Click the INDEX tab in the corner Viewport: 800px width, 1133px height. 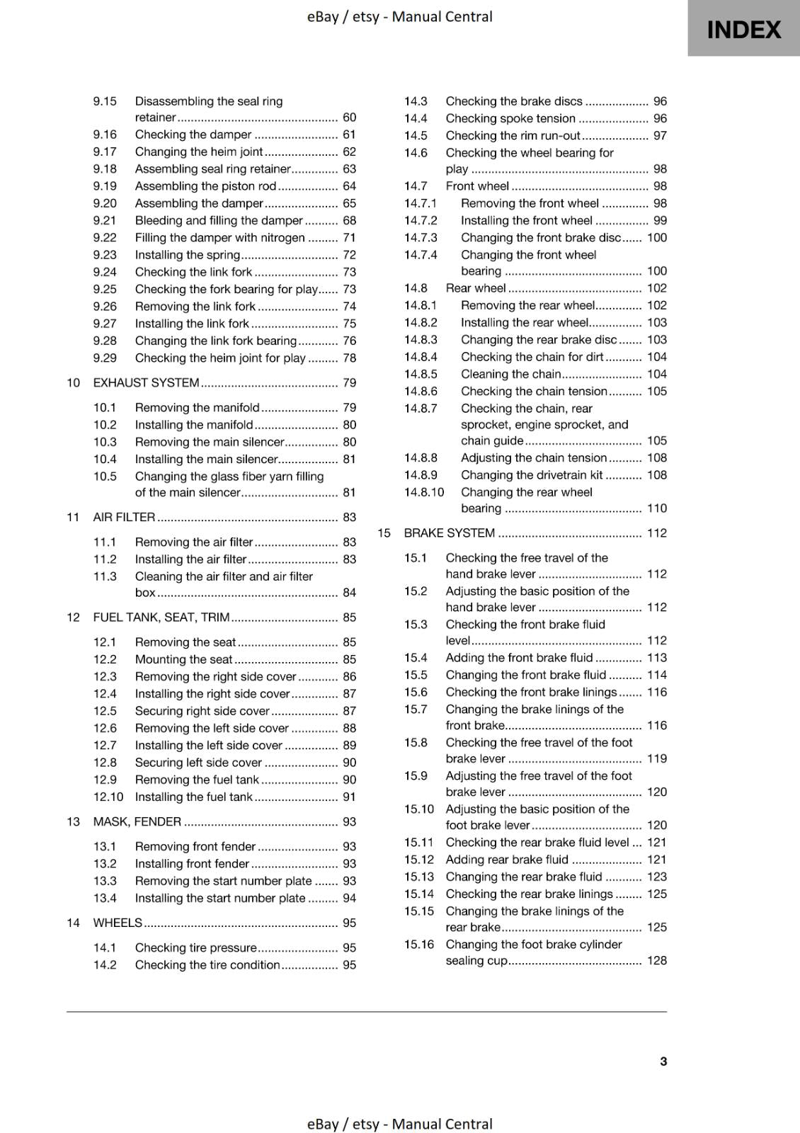point(743,29)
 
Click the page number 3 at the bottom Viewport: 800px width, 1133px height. point(663,1061)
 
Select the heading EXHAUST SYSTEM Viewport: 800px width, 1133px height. point(146,382)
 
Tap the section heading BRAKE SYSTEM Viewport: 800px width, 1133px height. point(449,533)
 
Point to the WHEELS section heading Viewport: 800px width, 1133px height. point(118,923)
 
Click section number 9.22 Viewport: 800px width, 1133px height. point(105,238)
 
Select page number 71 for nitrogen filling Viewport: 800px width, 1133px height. point(349,238)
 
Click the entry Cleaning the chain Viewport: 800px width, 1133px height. point(510,374)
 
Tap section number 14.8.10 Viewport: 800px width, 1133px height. point(424,492)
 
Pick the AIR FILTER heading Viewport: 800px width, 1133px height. point(124,517)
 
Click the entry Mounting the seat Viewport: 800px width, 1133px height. point(183,659)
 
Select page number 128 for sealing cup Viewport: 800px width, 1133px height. point(656,960)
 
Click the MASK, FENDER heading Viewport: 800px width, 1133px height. point(137,821)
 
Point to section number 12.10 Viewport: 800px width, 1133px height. point(108,797)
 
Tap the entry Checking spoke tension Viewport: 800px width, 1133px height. point(510,118)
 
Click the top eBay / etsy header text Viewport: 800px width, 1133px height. point(399,16)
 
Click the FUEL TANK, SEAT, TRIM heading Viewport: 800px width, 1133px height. point(161,617)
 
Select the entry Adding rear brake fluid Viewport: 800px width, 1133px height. point(506,860)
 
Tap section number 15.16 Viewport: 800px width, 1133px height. point(418,945)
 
